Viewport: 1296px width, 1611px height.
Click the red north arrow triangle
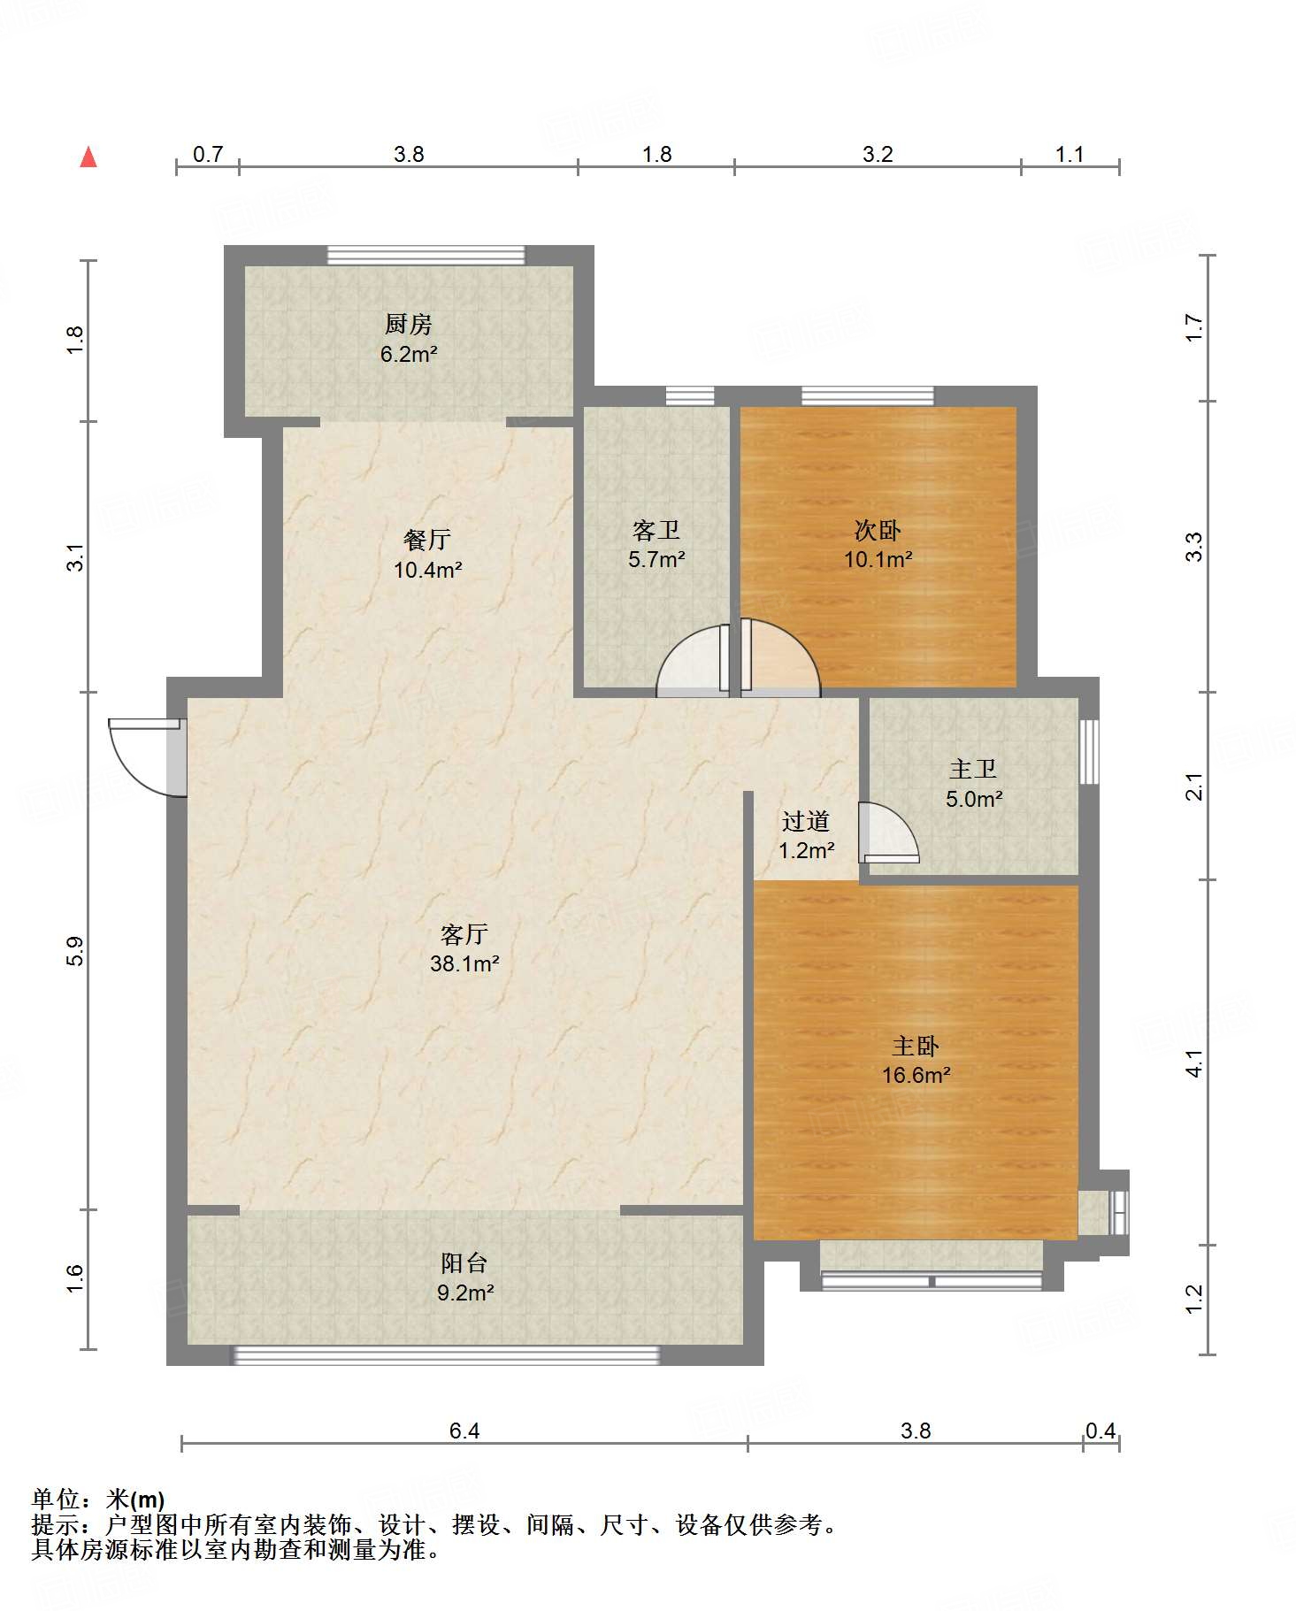tap(88, 157)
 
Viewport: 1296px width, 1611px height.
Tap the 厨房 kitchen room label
tap(409, 325)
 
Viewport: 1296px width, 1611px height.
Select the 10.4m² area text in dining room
tap(428, 570)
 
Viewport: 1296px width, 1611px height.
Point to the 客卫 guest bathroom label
tap(656, 530)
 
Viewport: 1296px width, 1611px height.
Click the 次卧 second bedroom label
tap(878, 530)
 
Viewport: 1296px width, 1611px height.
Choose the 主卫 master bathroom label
tap(973, 770)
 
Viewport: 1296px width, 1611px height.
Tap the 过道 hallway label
tap(806, 822)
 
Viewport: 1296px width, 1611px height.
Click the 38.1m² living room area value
tap(464, 963)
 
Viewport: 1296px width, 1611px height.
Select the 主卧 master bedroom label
tap(916, 1047)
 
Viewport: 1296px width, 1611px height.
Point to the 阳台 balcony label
tap(464, 1263)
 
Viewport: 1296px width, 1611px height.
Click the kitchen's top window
tap(426, 255)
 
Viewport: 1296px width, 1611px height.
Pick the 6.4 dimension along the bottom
tap(464, 1431)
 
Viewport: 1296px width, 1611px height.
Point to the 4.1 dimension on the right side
tap(1194, 1063)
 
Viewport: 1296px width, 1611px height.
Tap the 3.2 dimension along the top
tap(878, 155)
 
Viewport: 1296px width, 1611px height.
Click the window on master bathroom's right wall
tap(1089, 751)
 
